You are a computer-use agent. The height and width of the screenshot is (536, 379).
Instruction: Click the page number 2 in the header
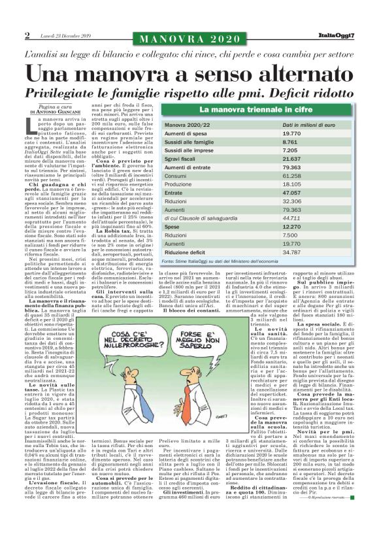point(27,35)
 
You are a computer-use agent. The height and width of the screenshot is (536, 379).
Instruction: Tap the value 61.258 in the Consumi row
point(293,176)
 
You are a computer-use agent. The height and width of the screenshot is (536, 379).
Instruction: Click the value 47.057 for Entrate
point(293,193)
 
